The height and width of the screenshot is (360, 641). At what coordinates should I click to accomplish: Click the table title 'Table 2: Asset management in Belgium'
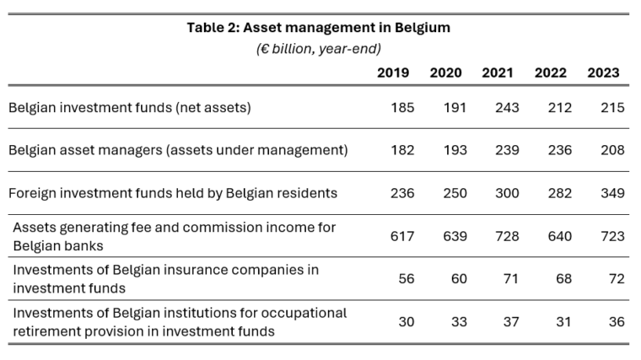tap(319, 28)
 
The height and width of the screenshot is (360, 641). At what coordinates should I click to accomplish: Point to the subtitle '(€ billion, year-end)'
tap(319, 49)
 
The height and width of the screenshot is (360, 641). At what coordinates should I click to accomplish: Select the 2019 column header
tap(393, 73)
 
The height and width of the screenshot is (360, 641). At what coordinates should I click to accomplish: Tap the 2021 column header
tap(498, 73)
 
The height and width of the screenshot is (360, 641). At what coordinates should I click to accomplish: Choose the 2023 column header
tap(604, 73)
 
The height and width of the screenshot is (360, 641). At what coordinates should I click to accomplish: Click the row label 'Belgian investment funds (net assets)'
tap(130, 107)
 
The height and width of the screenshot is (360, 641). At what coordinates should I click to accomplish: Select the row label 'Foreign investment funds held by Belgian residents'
tap(173, 193)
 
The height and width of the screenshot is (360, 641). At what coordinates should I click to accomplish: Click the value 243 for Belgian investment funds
tap(507, 107)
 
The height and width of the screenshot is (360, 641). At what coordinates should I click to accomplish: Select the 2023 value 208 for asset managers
tap(612, 150)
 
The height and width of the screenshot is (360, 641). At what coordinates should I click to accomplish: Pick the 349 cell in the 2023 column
tap(612, 193)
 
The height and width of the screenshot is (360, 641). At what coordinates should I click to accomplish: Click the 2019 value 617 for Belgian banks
tap(402, 236)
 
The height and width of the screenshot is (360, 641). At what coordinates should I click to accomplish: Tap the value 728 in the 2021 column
tap(507, 236)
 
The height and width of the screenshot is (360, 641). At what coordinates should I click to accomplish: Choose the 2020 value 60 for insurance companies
tap(459, 279)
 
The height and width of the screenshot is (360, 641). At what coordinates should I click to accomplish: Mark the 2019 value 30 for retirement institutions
tap(407, 322)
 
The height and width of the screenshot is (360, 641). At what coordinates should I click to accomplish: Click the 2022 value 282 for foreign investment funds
tap(559, 193)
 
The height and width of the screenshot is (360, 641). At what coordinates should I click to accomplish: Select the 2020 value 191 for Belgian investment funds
tap(455, 107)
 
